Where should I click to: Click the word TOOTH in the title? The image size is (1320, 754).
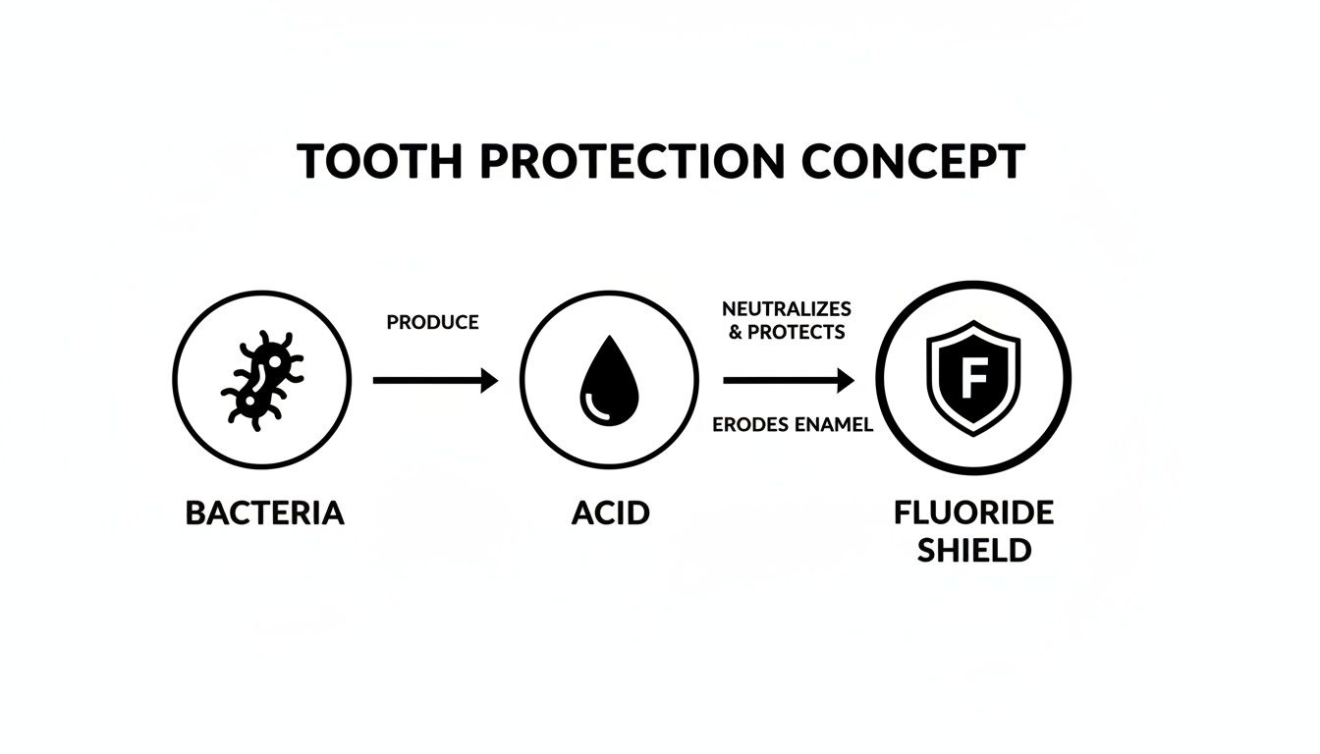click(379, 161)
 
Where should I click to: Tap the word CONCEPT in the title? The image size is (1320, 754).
click(912, 161)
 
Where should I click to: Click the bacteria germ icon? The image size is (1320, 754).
click(261, 380)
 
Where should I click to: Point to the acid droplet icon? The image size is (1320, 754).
click(609, 380)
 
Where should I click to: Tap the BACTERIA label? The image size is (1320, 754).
click(264, 512)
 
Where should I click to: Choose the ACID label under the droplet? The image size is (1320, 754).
click(610, 512)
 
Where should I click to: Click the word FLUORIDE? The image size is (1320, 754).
click(973, 512)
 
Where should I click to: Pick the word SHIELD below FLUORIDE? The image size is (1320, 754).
click(973, 550)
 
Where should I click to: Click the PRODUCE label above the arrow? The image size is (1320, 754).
click(432, 322)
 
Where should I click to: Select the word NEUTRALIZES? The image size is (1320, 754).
click(786, 310)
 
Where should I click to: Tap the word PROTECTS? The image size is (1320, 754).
click(796, 332)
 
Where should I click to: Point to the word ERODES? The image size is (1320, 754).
click(745, 425)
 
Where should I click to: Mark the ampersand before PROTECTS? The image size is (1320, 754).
click(737, 332)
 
